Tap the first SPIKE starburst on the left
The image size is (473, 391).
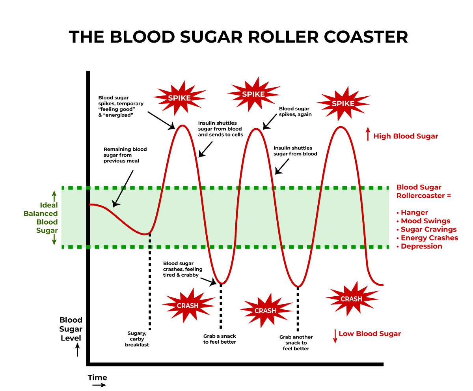[179, 98]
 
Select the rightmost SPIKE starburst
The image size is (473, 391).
[343, 103]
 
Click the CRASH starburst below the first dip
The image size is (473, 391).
[188, 305]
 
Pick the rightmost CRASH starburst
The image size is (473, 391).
[351, 299]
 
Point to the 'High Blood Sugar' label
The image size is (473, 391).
[406, 136]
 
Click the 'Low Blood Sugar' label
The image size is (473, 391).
[369, 334]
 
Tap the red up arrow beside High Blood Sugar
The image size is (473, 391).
[368, 134]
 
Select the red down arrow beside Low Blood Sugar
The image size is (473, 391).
[335, 336]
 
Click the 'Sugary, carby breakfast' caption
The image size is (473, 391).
[137, 339]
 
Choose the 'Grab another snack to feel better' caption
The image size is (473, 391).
[296, 343]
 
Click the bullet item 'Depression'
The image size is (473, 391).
[421, 246]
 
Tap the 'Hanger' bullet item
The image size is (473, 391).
[414, 213]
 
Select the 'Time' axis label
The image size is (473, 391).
[97, 378]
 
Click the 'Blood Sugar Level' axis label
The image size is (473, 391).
[71, 329]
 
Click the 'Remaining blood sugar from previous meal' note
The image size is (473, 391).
[125, 155]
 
